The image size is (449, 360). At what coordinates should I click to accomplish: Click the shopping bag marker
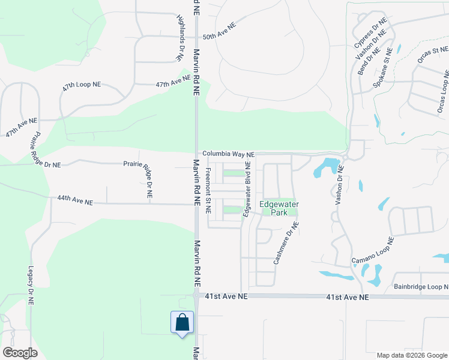(x=182, y=322)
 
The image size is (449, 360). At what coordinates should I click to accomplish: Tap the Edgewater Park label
(x=279, y=208)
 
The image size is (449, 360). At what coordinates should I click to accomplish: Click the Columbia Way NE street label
(x=229, y=154)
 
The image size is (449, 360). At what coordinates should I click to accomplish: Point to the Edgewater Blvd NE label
(x=247, y=189)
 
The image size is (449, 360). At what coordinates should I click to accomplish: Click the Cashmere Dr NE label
(x=286, y=243)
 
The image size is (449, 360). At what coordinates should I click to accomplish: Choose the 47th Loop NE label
(x=81, y=85)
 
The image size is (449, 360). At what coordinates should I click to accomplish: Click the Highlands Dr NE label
(x=179, y=38)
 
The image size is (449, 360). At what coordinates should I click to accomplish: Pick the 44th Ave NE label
(x=75, y=201)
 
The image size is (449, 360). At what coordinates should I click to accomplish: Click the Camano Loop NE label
(x=372, y=253)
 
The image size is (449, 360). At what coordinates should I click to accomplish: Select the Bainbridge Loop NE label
(x=421, y=287)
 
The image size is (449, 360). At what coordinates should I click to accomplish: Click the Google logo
(x=20, y=352)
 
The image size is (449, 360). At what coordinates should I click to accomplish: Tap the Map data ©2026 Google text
(x=411, y=355)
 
